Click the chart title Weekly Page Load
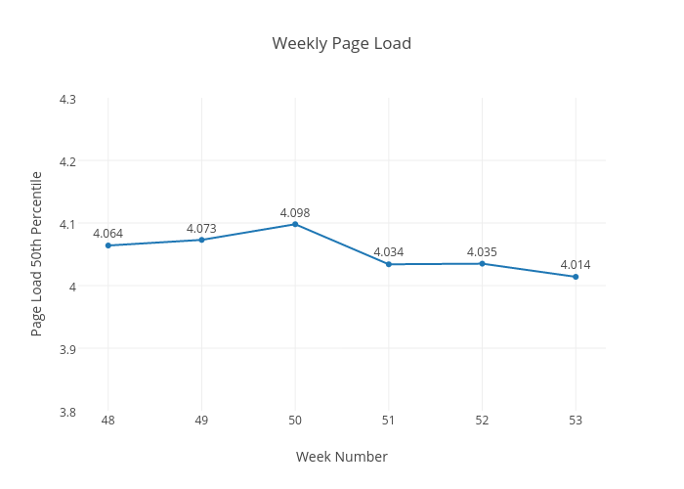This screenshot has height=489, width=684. [341, 43]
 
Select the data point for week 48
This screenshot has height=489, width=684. [108, 245]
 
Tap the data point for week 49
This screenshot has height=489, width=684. [201, 240]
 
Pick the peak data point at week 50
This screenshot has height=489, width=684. [295, 224]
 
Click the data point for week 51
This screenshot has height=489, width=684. [389, 264]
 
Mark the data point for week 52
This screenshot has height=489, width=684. [482, 263]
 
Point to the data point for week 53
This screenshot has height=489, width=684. [576, 277]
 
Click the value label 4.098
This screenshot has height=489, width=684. [295, 212]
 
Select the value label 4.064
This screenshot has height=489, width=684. [108, 233]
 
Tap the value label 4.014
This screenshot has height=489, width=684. [576, 264]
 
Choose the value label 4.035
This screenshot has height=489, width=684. [482, 251]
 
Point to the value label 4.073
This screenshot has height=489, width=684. [201, 228]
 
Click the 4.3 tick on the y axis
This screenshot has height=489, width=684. [68, 99]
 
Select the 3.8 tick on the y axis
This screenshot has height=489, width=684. [68, 412]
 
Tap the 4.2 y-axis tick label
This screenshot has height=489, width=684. [68, 161]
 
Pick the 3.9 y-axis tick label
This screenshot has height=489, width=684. [68, 349]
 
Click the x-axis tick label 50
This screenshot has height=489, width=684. [295, 421]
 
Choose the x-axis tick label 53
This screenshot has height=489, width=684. [576, 421]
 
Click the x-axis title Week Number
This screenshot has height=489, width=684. [341, 457]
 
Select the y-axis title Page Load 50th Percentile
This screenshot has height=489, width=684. [37, 253]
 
